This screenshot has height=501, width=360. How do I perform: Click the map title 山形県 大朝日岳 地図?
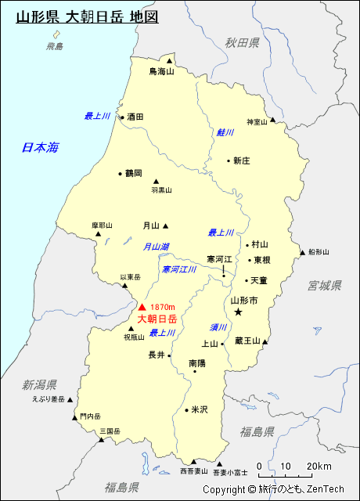pyautogui.click(x=87, y=16)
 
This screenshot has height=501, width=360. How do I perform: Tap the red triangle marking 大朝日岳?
pyautogui.click(x=142, y=307)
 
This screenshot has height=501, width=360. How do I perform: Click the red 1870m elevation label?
pyautogui.click(x=163, y=307)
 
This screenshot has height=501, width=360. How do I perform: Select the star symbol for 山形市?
pyautogui.click(x=239, y=312)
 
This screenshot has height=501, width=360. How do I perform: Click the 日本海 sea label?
pyautogui.click(x=40, y=147)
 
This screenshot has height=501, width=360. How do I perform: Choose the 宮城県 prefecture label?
pyautogui.click(x=324, y=285)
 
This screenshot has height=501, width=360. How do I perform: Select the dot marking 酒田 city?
pyautogui.click(x=122, y=117)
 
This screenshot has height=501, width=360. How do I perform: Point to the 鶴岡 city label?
pyautogui.click(x=133, y=173)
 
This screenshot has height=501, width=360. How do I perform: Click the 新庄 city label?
pyautogui.click(x=241, y=160)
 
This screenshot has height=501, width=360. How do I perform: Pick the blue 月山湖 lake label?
pyautogui.click(x=156, y=247)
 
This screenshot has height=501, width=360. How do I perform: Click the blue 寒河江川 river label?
pyautogui.click(x=179, y=269)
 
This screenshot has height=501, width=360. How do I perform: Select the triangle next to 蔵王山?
pyautogui.click(x=267, y=341)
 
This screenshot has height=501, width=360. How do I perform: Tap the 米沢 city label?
pyautogui.click(x=200, y=409)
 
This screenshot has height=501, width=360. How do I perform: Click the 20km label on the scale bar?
pyautogui.click(x=319, y=467)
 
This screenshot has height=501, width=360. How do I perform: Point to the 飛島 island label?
pyautogui.click(x=54, y=47)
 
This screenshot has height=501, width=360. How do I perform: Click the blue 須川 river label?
pyautogui.click(x=218, y=327)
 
